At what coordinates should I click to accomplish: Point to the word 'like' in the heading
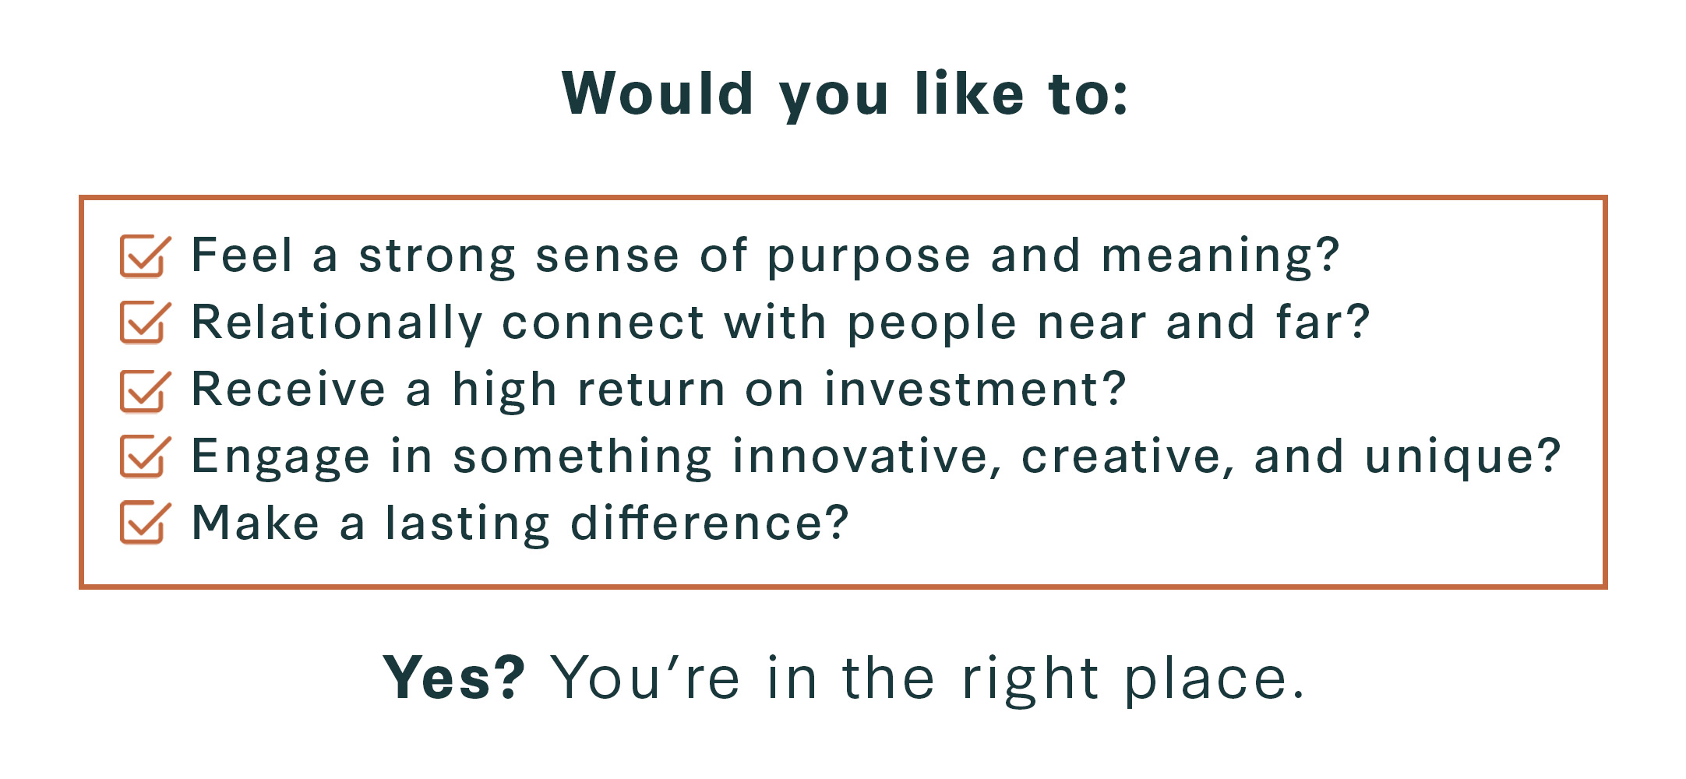click(x=969, y=93)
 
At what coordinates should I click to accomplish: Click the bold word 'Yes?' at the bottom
click(x=454, y=678)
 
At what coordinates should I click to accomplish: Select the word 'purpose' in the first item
click(x=869, y=257)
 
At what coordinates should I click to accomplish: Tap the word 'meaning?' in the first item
click(x=1220, y=256)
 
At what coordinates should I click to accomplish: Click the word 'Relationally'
click(x=337, y=323)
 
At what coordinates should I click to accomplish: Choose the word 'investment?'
click(x=975, y=389)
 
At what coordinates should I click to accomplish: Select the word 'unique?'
click(x=1463, y=456)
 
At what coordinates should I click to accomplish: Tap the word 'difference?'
click(x=709, y=523)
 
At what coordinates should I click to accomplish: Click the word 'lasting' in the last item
click(x=468, y=524)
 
